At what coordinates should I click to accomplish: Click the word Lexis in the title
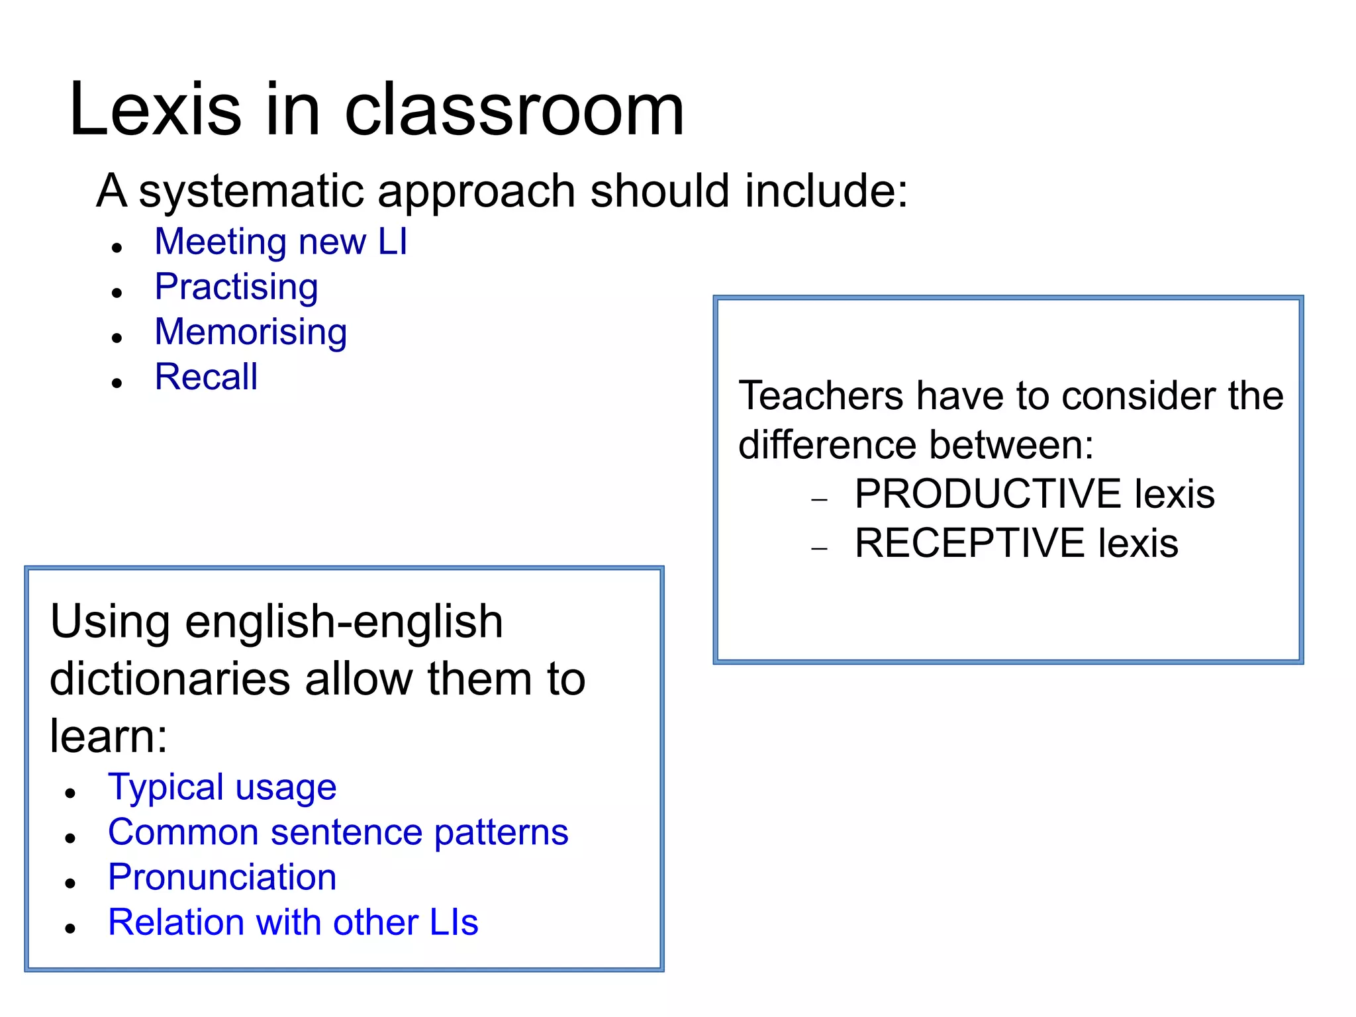156,110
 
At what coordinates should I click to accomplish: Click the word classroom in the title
514,110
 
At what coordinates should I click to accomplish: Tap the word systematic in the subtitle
252,192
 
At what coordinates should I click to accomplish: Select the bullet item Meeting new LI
281,242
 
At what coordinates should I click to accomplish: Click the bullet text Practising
236,287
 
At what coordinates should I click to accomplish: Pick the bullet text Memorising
250,332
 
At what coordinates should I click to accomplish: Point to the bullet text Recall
206,377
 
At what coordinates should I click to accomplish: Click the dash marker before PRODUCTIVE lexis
820,500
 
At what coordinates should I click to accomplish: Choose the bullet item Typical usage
222,787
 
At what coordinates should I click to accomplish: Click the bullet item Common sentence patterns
338,832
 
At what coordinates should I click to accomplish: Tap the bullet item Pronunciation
222,877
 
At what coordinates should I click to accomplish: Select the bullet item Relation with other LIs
293,922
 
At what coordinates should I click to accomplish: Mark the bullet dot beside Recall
117,383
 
